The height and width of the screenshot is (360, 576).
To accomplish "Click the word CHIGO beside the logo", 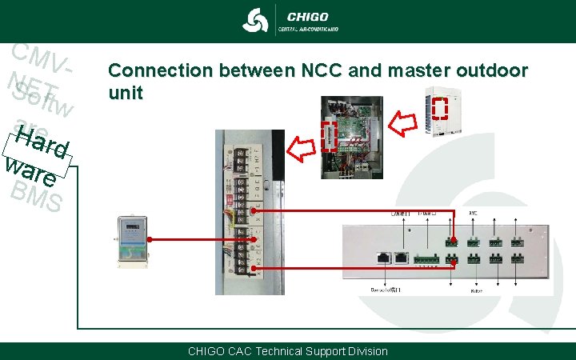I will [307, 15].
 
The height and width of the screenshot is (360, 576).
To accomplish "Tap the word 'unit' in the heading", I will [126, 93].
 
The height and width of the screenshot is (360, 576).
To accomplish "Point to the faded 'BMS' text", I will [36, 196].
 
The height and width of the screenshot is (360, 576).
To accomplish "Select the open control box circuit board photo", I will [351, 135].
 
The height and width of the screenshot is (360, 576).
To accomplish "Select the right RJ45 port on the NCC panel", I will [401, 258].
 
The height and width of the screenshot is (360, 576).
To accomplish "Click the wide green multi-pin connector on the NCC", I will [425, 258].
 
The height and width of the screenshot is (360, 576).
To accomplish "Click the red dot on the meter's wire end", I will [150, 238].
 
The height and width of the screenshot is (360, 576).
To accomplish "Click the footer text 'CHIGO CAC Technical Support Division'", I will [287, 351].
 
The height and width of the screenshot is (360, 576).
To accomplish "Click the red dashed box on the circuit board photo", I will [328, 136].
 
